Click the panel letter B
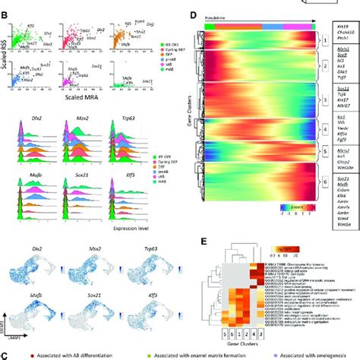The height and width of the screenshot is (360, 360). [5, 13]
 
